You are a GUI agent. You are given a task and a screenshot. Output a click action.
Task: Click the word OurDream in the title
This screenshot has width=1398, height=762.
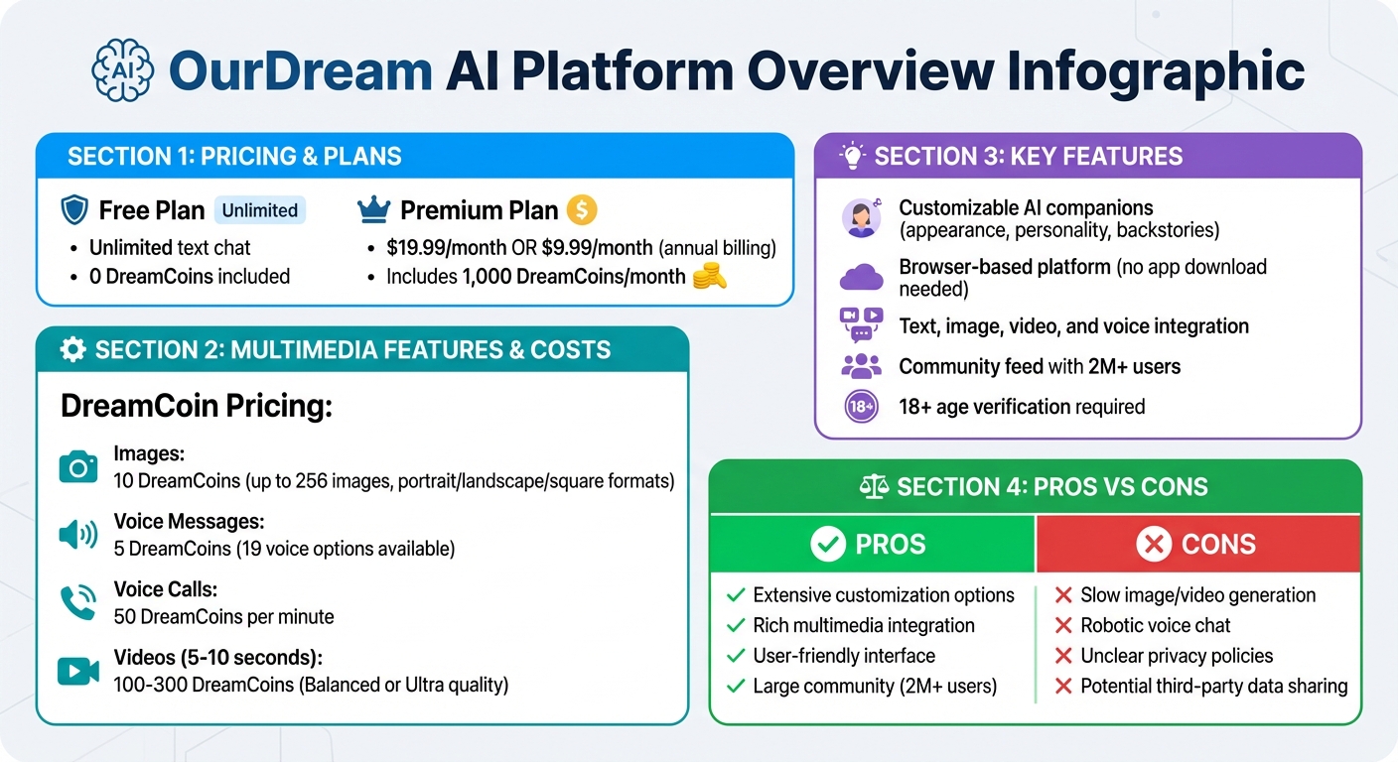coord(301,71)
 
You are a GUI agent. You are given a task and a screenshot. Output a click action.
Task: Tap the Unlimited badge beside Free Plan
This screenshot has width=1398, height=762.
coord(260,210)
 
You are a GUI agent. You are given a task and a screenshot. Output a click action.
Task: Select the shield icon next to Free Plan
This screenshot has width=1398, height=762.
coord(74,210)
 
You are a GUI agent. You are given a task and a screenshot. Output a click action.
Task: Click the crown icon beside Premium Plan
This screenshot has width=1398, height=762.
coord(372,209)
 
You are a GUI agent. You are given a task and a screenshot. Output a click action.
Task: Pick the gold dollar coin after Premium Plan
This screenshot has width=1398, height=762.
coord(581,209)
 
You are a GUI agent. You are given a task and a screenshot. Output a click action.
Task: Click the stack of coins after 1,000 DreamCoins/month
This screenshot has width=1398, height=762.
coord(710,277)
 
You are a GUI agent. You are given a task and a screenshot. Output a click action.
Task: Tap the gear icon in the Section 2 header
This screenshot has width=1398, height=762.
coord(72,349)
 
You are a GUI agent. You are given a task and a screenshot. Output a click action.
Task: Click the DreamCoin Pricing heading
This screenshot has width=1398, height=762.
coord(196,406)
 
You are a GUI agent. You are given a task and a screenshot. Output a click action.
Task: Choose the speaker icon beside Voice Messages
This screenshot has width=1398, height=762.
coord(78,535)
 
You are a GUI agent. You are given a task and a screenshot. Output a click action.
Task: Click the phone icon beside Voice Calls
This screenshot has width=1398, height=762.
coord(78,603)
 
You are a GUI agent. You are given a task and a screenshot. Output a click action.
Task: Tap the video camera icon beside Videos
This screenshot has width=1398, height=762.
coord(78,672)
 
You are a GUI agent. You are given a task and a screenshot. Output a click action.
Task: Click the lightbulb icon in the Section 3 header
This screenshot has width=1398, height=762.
coord(852,156)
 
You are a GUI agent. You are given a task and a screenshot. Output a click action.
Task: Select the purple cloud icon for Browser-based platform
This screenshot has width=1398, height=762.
coord(861,277)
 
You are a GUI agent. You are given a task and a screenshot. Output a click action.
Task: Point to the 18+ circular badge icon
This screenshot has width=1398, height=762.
coord(860,407)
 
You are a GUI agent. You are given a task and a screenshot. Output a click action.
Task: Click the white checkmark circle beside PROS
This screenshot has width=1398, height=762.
coord(827,544)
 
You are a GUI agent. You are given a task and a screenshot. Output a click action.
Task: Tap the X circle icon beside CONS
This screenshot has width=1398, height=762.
coord(1154,544)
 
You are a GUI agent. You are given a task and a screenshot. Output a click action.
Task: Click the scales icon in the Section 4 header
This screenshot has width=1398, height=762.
coord(874,486)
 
